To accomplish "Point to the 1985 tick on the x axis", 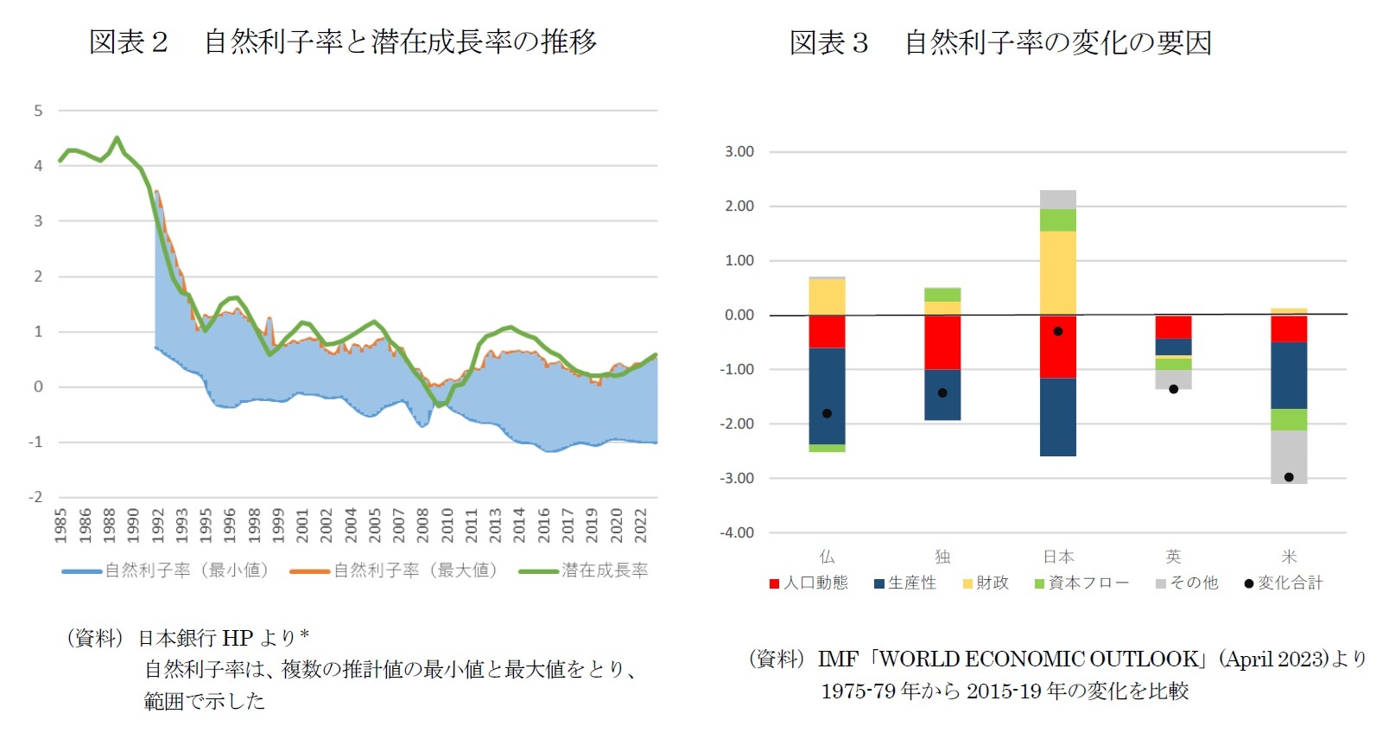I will point(60,525).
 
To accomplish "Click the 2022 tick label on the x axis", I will point(641,525).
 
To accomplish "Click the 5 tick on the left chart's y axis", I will point(38,111).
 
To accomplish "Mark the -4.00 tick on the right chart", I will point(737,533).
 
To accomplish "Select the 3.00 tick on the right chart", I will point(739,152).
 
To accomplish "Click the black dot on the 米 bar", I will point(1289,477).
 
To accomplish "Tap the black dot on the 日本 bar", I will point(1058,331).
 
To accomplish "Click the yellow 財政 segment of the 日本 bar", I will point(1058,272).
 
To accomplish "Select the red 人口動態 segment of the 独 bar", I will point(942,342).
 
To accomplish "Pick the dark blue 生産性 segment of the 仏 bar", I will point(827,396).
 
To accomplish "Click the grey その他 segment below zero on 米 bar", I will point(1289,456).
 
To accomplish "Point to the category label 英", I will point(1173,557).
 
